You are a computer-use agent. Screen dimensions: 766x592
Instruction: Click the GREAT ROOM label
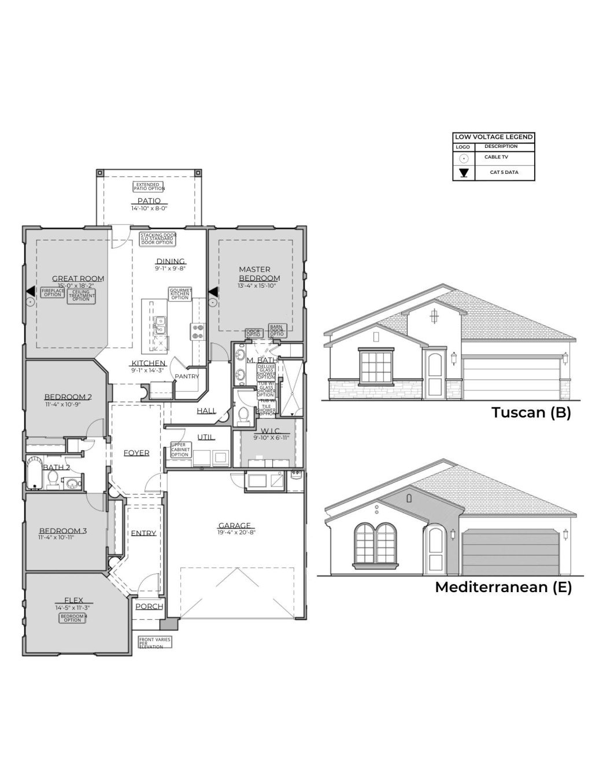[x=78, y=278]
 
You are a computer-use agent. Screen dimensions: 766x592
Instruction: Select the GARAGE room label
[x=234, y=526]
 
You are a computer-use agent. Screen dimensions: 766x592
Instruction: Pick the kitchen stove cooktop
[x=197, y=331]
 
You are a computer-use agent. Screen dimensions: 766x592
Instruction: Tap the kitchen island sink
[x=160, y=325]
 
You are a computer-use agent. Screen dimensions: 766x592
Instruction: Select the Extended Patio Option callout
[x=149, y=187]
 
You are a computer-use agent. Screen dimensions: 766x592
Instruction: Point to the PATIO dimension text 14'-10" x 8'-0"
[x=149, y=208]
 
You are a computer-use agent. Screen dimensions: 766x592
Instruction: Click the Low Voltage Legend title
[x=493, y=137]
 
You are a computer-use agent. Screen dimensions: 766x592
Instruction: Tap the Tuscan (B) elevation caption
[x=531, y=412]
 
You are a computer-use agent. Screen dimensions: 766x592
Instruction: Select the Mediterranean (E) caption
[x=503, y=587]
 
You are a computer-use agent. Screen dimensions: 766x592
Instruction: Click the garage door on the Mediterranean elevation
[x=511, y=552]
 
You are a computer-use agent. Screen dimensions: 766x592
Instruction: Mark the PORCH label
[x=149, y=607]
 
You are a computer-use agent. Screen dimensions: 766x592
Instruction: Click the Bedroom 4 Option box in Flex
[x=73, y=618]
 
